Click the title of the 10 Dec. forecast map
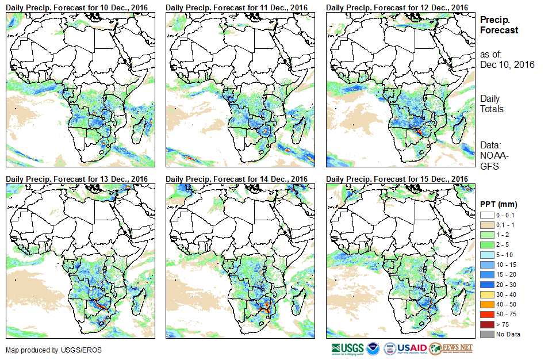point(77,7)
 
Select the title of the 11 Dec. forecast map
point(237,7)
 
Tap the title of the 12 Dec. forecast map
point(397,7)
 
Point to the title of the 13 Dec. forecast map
point(77,179)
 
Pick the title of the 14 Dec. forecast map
point(237,179)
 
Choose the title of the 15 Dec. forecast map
point(397,179)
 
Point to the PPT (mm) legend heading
point(499,204)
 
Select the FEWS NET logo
point(451,348)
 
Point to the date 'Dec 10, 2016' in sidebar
point(507,64)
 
